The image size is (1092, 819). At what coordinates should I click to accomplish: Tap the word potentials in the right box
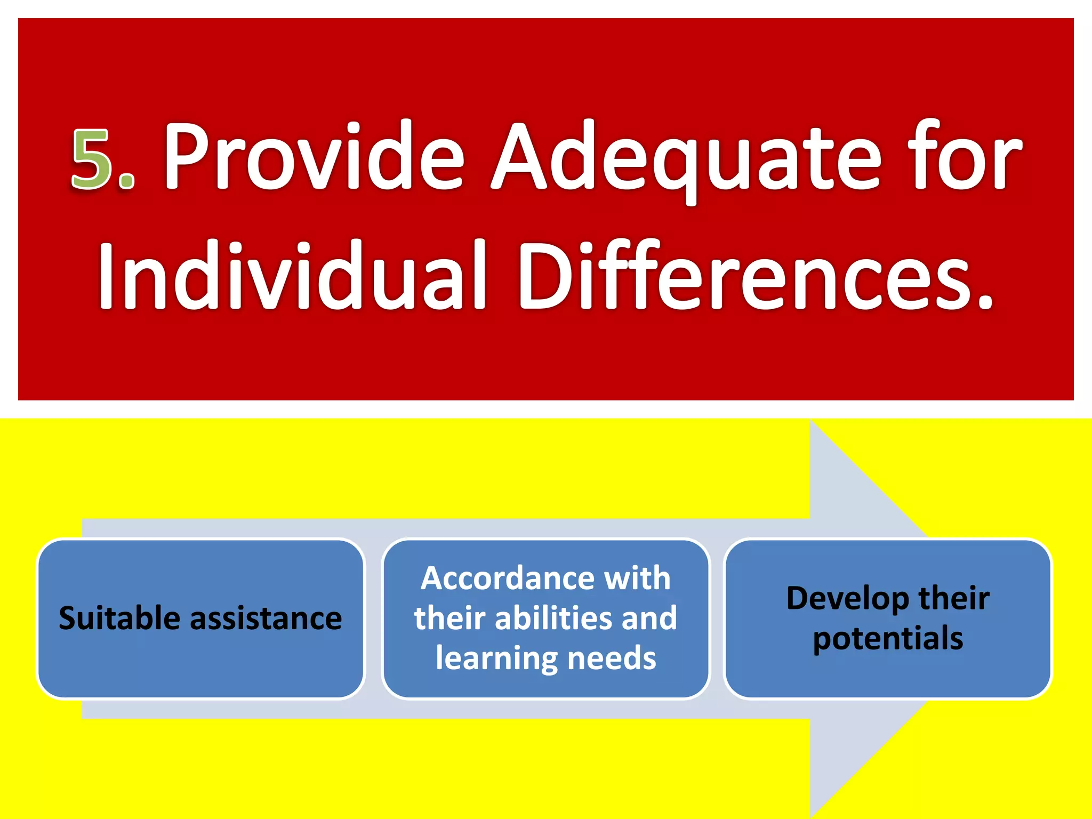click(x=888, y=638)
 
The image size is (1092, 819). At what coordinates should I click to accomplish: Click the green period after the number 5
click(x=127, y=181)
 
